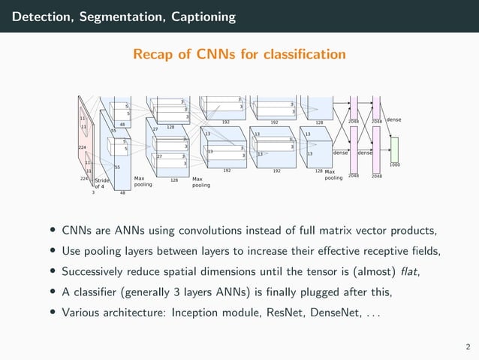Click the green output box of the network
click(394, 150)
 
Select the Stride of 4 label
click(101, 183)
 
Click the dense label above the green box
click(394, 120)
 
